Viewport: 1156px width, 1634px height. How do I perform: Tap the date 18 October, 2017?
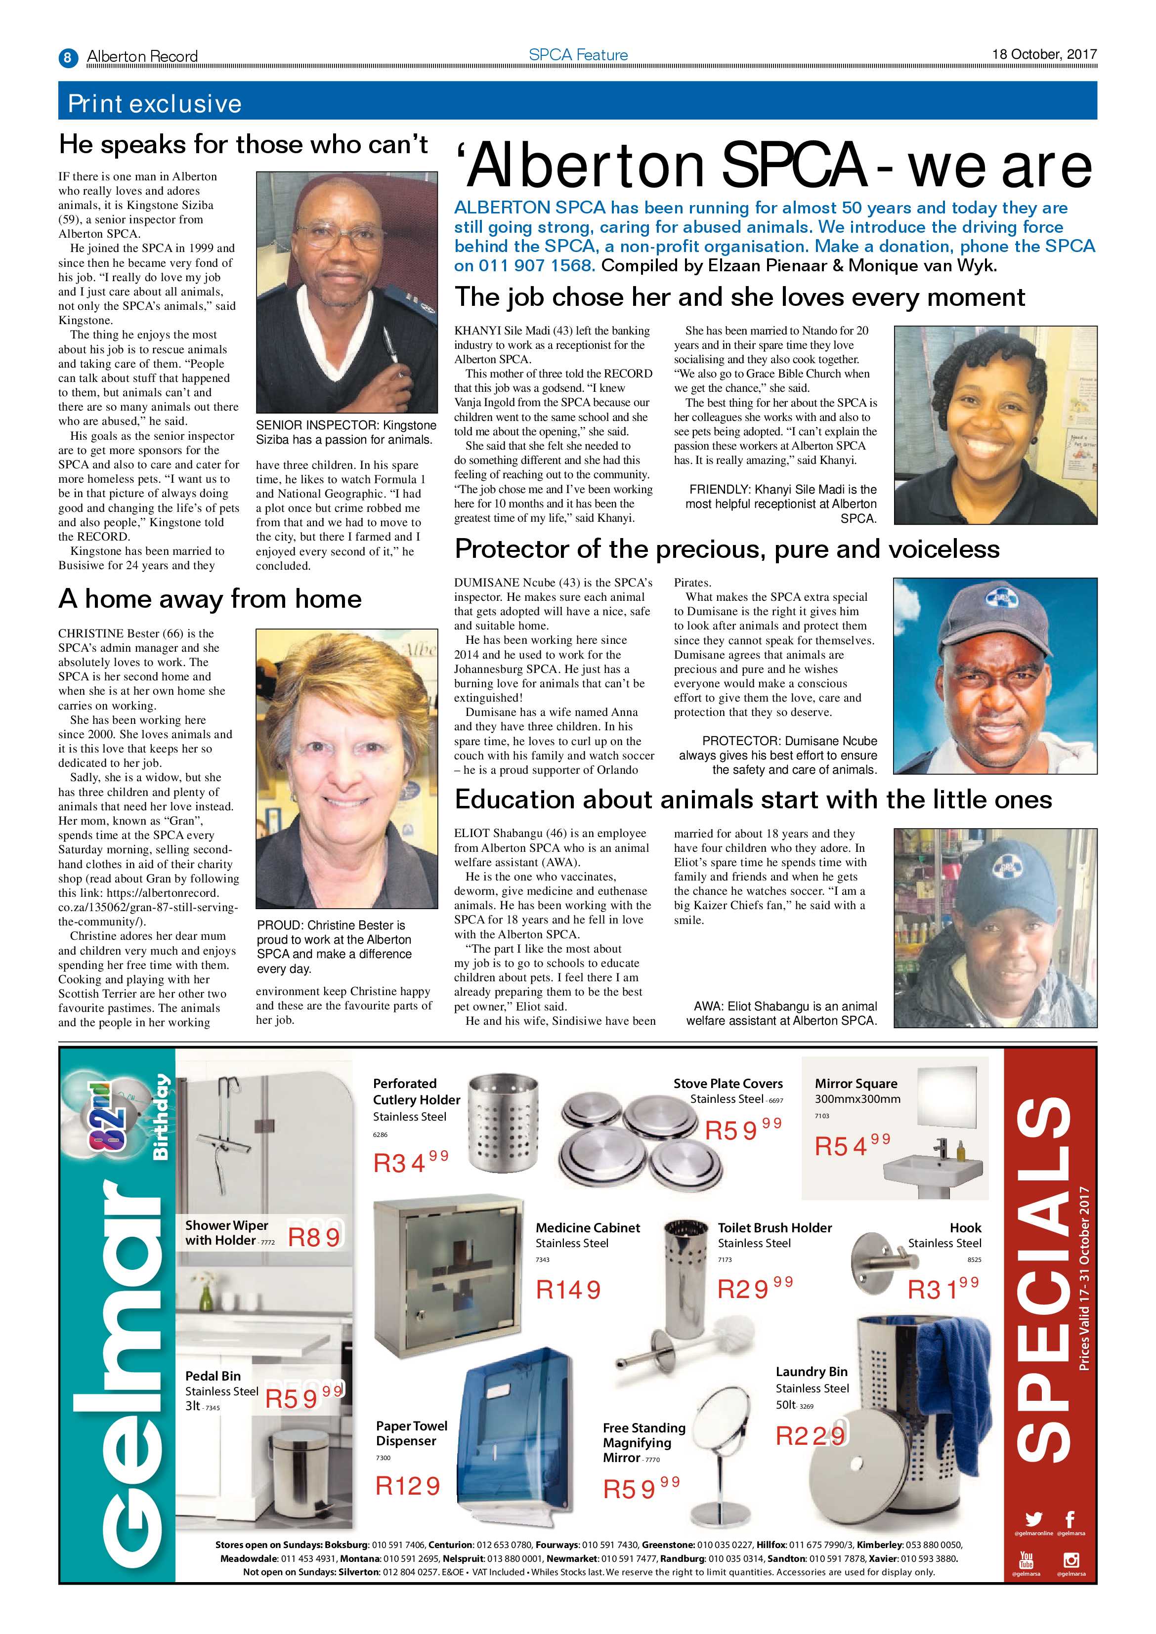point(1044,54)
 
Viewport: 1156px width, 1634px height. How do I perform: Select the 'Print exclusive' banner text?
point(155,104)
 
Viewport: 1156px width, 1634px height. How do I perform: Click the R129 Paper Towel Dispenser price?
point(408,1486)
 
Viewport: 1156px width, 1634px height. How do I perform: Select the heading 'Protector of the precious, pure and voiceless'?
point(727,548)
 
